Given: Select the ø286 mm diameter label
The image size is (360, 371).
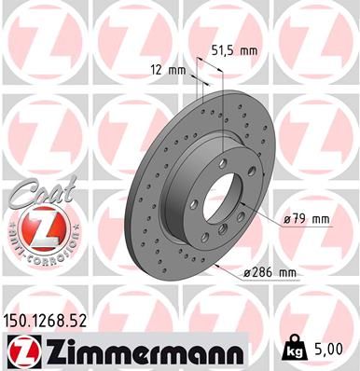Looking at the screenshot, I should coord(269,272).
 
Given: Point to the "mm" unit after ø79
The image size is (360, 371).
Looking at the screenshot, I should coord(322,220).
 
